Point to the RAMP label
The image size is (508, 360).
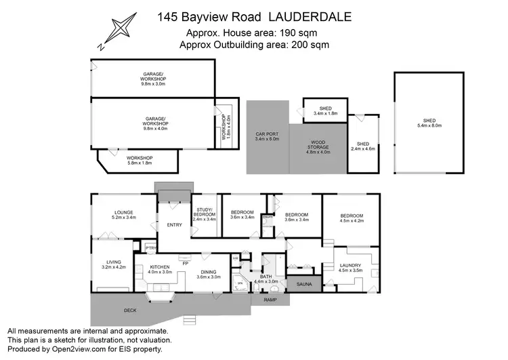click(x=270, y=299)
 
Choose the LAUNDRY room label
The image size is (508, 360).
click(x=350, y=265)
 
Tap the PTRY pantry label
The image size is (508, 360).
click(x=150, y=248)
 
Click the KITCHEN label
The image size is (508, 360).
click(x=161, y=267)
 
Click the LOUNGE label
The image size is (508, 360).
click(x=123, y=212)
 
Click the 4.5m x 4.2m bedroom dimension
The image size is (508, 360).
click(x=352, y=220)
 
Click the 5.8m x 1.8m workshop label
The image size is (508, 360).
click(x=139, y=162)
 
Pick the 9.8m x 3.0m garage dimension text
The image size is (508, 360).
click(x=154, y=84)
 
